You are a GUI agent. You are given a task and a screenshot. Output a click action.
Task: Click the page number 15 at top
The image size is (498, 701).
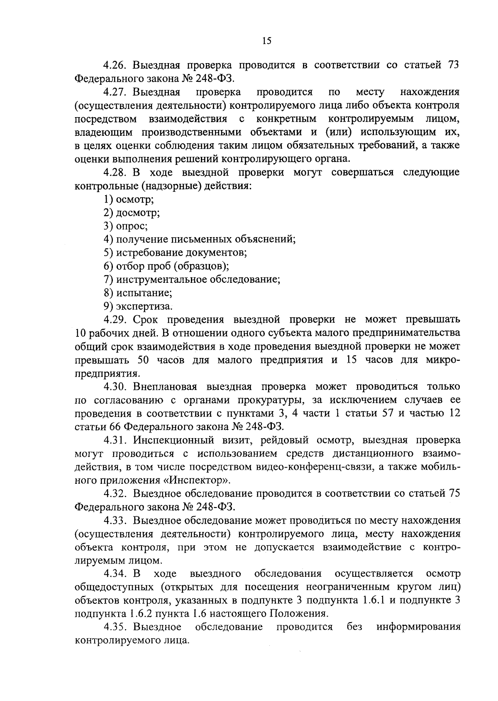tap(266, 40)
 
